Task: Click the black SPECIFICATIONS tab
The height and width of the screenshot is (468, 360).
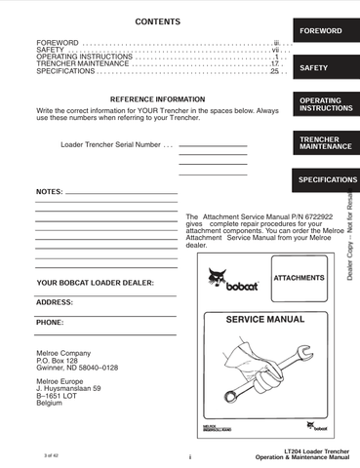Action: tap(327, 180)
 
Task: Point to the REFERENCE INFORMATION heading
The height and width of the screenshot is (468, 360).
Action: tap(157, 99)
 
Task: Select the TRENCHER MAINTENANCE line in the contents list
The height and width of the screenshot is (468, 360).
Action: tap(82, 63)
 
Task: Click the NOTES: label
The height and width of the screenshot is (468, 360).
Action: tap(50, 191)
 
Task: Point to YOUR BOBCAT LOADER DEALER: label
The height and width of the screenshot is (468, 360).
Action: tap(95, 283)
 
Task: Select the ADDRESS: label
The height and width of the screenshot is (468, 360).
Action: tap(55, 302)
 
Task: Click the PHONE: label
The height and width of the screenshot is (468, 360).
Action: tap(50, 322)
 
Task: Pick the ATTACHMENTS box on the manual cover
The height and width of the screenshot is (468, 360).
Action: tap(299, 279)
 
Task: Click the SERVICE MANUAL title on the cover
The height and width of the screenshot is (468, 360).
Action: tap(260, 319)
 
